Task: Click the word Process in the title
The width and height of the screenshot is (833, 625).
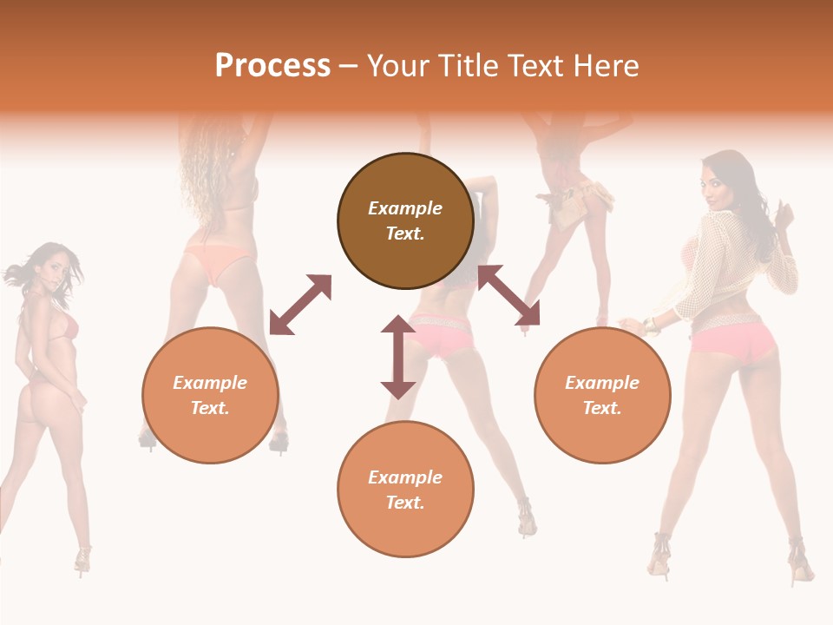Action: tap(272, 66)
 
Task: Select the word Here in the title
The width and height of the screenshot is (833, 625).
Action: tap(605, 66)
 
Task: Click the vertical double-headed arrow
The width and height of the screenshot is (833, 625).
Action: tap(398, 357)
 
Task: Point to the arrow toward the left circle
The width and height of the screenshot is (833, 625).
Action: tap(300, 305)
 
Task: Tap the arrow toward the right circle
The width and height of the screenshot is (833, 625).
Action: tap(508, 296)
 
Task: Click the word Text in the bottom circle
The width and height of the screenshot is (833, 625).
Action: tap(404, 503)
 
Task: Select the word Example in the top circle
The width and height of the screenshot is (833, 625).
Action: tap(405, 208)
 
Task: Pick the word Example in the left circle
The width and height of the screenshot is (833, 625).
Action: tap(210, 383)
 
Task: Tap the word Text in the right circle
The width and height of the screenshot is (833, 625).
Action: tap(601, 408)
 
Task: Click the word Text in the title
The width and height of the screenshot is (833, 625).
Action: tap(540, 66)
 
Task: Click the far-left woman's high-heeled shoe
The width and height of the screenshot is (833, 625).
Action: tap(82, 560)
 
